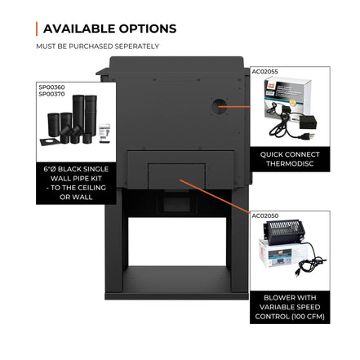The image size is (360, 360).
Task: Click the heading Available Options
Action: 109,29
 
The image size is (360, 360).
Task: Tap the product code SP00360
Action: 51,87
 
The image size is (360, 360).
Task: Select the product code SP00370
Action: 51,94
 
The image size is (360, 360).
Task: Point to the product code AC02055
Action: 264,72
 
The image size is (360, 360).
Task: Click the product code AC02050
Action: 265,216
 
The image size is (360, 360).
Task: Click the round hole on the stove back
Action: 219,106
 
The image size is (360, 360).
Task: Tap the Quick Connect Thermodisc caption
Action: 290,159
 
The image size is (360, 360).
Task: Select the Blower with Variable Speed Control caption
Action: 290,307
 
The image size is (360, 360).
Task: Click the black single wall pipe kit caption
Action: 76,183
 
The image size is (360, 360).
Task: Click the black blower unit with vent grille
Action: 283,232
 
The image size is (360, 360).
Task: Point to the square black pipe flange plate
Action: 50,142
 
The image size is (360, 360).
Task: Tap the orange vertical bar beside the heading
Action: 37,29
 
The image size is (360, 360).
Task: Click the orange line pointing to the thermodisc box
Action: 233,107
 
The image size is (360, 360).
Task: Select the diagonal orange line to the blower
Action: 215,196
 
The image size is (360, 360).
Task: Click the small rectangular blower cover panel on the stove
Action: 176,176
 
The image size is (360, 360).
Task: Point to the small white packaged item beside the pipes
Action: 104,133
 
